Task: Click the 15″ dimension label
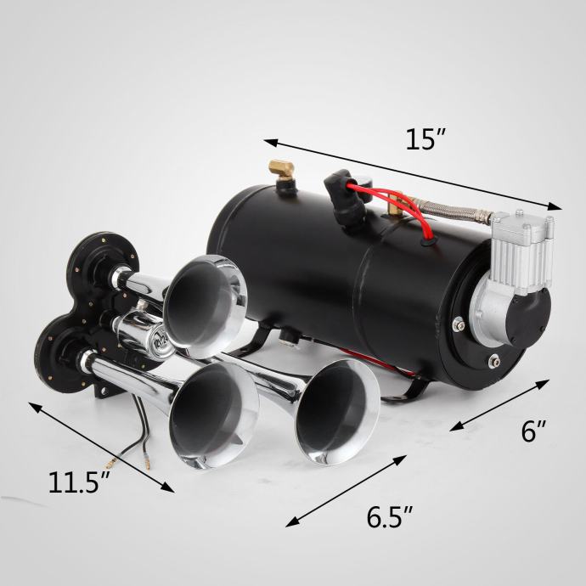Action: pos(425,140)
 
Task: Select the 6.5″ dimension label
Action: pos(390,517)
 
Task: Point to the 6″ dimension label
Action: pos(534,431)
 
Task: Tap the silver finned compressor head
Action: pos(521,239)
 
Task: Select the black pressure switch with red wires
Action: pos(344,196)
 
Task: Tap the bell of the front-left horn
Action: pos(214,414)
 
